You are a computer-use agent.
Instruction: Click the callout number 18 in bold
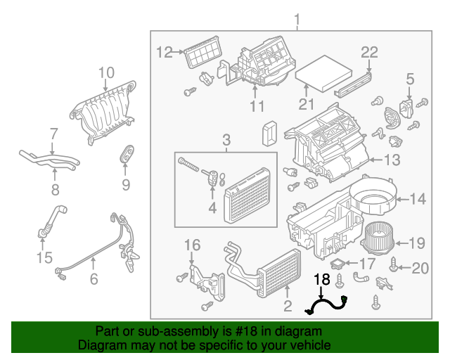point(321,280)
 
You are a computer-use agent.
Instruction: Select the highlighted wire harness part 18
point(327,304)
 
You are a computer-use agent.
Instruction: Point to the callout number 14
point(418,200)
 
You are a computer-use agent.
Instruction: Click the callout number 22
point(369,51)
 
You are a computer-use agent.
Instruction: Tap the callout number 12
point(164,51)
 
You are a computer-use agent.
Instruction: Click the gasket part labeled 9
point(127,155)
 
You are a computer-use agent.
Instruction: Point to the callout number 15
point(44,258)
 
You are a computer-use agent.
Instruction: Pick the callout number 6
point(94,279)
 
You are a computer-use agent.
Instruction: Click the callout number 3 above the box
point(226,140)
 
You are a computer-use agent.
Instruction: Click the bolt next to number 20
point(394,264)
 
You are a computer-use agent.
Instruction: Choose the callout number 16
point(192,245)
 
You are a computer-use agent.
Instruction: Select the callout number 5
point(410,79)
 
